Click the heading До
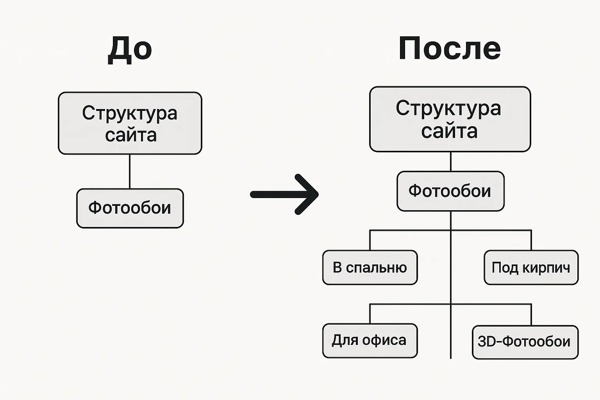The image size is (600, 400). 130,49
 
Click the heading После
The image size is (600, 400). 450,48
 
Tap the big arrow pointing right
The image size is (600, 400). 285,194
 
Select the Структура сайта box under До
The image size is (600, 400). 130,123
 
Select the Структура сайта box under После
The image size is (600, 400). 450,119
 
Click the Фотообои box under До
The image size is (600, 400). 130,208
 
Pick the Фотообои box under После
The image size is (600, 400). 450,191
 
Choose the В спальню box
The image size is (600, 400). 370,268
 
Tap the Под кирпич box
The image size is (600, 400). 531,268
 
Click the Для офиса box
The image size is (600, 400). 370,341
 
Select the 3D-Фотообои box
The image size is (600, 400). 525,342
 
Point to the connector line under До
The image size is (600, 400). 130,171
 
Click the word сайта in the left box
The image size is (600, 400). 131,135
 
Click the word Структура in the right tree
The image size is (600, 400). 448,108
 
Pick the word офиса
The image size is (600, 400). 384,340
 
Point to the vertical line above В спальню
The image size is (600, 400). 370,240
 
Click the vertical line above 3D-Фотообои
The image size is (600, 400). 531,314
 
